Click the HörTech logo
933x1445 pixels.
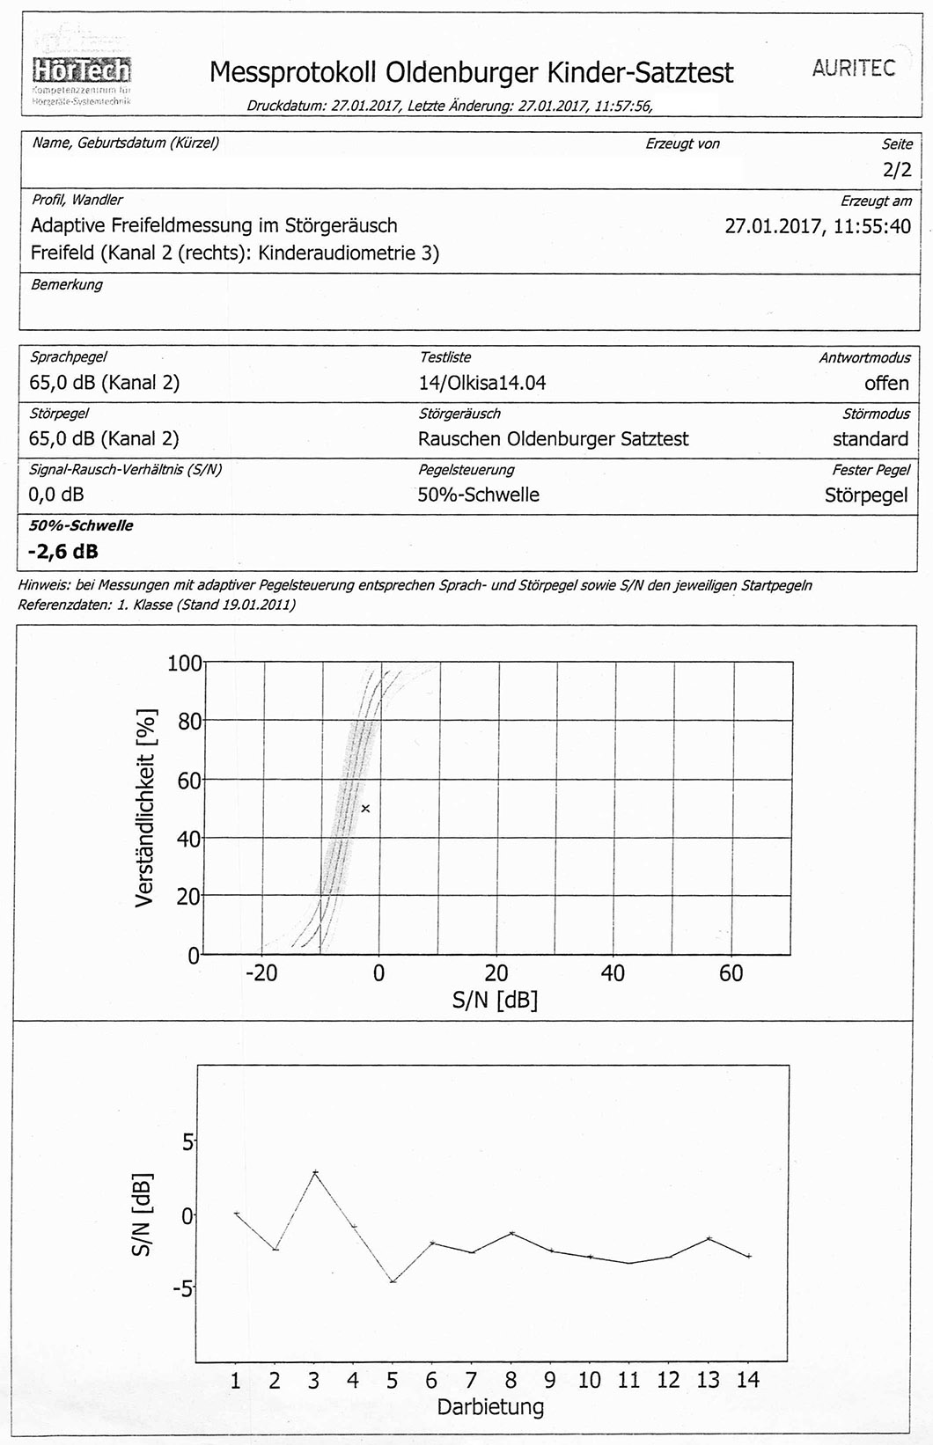pos(81,70)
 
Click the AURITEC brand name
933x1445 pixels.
pos(853,69)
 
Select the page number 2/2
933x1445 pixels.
pos(897,170)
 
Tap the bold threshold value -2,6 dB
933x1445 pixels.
pos(63,552)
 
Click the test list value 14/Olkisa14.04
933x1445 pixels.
pos(481,383)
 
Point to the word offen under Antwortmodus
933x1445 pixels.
pos(885,383)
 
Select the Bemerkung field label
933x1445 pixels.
pos(67,285)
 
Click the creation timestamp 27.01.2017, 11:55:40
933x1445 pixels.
pos(817,226)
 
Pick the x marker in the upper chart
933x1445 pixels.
pos(365,808)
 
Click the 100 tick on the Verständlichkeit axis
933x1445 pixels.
pos(184,663)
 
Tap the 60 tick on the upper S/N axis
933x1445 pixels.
pos(731,973)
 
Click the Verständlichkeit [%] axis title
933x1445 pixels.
pos(147,808)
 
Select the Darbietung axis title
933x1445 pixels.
pos(490,1406)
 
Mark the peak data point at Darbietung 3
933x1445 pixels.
pos(314,1172)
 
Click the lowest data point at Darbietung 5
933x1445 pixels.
pos(393,1281)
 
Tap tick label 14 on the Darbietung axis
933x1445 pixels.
pos(747,1380)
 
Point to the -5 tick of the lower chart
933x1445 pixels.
pos(183,1289)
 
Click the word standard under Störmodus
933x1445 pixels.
pos(870,439)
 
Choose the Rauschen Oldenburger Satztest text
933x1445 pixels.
pos(553,439)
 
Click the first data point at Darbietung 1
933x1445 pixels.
pos(236,1214)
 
